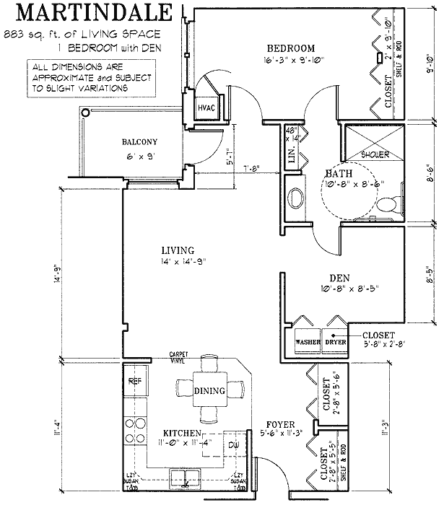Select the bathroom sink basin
tap(296, 198)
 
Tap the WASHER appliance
tap(308, 342)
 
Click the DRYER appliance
tap(335, 342)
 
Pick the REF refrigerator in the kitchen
tap(134, 381)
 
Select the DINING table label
tap(209, 390)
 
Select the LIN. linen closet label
tap(293, 159)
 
